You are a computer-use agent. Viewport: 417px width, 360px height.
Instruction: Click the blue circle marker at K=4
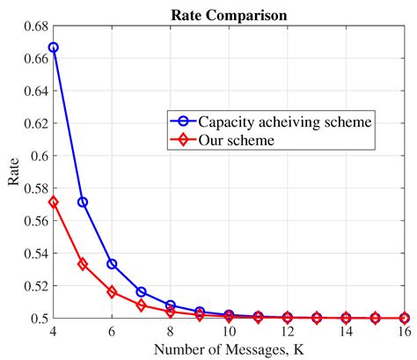(54, 48)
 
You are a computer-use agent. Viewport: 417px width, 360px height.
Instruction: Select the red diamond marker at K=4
(54, 202)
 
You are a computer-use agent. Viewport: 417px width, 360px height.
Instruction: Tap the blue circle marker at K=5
(83, 202)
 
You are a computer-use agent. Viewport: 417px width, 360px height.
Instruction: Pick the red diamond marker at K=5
(83, 263)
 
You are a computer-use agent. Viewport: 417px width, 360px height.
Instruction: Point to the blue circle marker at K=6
(112, 263)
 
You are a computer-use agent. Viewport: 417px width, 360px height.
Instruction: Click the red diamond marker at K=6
(112, 291)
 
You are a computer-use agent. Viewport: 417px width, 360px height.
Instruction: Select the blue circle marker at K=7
(141, 291)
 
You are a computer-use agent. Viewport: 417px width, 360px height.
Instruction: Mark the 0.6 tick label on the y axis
(36, 156)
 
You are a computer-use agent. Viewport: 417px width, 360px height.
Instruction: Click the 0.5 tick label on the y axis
(36, 318)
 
